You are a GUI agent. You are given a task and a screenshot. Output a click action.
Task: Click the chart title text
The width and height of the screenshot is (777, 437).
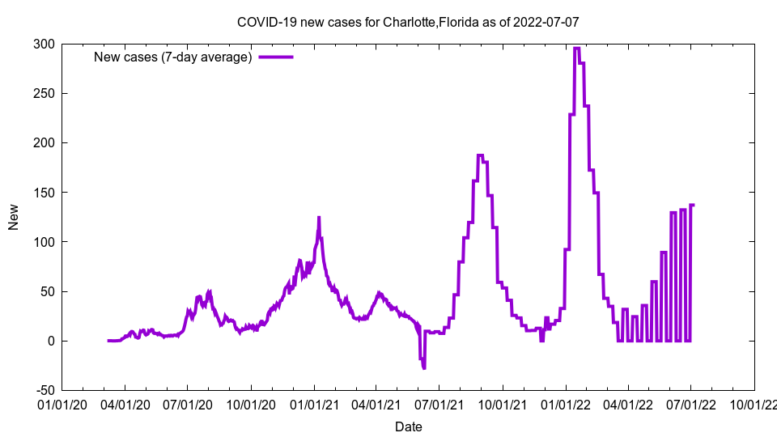[x=408, y=22]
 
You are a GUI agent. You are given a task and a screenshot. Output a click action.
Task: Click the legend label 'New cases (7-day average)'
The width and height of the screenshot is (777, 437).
[x=173, y=57]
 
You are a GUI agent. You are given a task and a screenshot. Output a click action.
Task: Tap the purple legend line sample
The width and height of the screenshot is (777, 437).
[x=275, y=57]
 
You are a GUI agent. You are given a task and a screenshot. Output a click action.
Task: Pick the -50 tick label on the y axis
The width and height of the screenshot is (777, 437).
[x=43, y=391]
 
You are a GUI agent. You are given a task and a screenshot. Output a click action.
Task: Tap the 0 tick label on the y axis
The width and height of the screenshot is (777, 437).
[x=50, y=341]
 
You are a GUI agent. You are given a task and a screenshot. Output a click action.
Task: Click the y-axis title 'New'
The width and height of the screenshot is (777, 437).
[x=14, y=217]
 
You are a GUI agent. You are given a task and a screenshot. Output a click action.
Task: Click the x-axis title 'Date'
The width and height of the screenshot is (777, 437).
[x=408, y=426]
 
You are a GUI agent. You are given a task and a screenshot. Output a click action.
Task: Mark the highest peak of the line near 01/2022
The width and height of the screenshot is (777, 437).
[x=576, y=49]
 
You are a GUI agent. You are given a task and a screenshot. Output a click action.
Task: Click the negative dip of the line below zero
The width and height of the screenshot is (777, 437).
[x=423, y=367]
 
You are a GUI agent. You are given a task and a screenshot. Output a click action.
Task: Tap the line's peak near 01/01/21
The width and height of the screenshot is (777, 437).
[x=319, y=217]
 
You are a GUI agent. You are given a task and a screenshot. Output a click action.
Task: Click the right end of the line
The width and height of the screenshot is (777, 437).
[x=694, y=205]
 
